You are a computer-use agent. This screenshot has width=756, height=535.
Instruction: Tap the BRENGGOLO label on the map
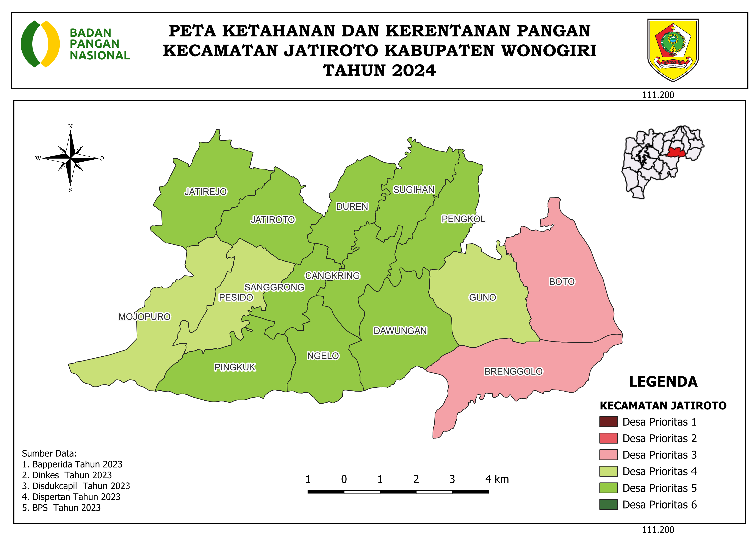(513, 372)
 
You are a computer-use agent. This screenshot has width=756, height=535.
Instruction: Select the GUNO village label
(482, 297)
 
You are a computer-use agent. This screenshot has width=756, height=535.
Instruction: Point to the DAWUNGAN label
(400, 331)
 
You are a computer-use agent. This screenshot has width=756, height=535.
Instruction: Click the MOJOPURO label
(144, 317)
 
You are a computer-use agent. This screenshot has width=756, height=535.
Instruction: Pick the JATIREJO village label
(205, 192)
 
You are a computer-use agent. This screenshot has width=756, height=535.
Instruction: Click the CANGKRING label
(332, 276)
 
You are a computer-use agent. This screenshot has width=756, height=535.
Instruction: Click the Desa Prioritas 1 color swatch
(608, 422)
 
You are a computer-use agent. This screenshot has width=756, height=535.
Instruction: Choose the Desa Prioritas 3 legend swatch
(608, 455)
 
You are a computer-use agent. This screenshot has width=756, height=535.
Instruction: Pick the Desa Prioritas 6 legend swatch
(608, 504)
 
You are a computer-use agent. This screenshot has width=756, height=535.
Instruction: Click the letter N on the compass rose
(70, 126)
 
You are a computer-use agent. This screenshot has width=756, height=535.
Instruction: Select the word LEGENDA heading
(663, 382)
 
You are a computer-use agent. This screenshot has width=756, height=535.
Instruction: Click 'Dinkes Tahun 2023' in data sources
(67, 475)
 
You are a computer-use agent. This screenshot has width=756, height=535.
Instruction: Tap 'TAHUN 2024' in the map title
(379, 71)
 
